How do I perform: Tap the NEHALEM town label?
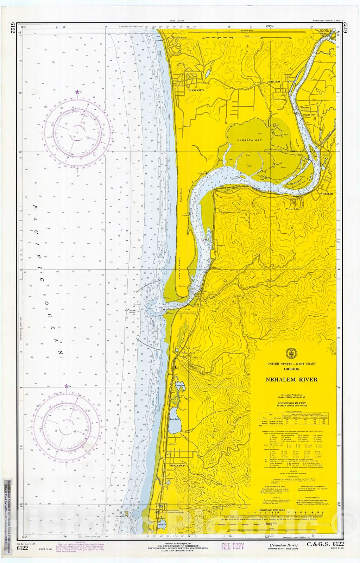(273, 82)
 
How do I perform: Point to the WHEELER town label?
(326, 194)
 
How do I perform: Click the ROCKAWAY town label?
(178, 466)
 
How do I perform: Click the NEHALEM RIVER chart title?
(291, 379)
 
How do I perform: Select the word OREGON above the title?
(291, 369)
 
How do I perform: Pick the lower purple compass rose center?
(67, 427)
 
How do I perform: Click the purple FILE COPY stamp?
(232, 546)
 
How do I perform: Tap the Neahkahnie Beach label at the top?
(177, 37)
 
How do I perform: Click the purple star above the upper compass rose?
(77, 92)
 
